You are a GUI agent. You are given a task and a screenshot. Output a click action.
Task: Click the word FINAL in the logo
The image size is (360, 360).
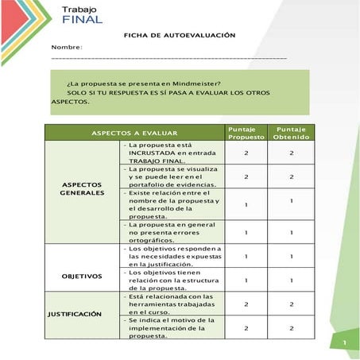click(83, 19)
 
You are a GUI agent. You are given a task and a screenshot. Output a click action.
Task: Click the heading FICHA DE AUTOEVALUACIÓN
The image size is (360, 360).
click(180, 36)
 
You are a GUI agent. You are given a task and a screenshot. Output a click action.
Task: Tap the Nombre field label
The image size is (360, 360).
click(67, 48)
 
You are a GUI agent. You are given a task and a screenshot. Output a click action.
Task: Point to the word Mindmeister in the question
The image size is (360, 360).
click(192, 83)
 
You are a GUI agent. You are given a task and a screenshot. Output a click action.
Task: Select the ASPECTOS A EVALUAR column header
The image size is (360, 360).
click(134, 133)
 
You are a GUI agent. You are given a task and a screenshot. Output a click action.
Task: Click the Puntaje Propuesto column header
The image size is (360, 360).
click(246, 133)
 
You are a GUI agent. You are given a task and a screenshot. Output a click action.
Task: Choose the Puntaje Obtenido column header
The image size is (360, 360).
click(292, 133)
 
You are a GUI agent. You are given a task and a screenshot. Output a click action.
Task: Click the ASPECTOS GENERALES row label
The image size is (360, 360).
click(82, 188)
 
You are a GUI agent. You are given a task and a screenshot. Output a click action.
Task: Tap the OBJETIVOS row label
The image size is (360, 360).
click(82, 277)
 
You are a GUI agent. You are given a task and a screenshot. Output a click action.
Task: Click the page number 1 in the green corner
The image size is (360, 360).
click(345, 343)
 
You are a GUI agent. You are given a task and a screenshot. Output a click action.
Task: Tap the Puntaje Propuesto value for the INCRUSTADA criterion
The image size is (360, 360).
click(246, 153)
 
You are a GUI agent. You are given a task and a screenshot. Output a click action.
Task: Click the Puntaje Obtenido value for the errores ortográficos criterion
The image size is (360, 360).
click(292, 232)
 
